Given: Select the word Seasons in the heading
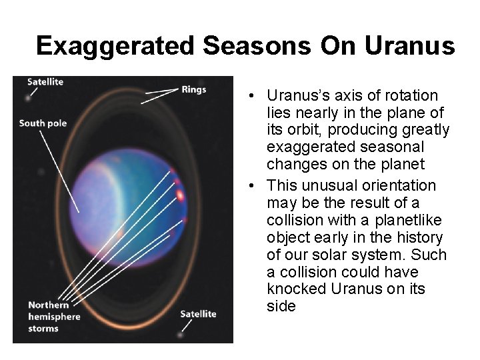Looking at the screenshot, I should pos(257,46).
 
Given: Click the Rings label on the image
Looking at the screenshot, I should pos(193,89).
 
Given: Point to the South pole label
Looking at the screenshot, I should pos(43,123).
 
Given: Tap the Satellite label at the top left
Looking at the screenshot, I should pos(45,82).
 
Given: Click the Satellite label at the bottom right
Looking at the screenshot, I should pos(198,313).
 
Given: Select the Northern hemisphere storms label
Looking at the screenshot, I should pos(53,316).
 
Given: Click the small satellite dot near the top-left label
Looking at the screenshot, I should pos(28,97).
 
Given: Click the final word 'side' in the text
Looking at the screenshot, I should pos(281,307).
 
